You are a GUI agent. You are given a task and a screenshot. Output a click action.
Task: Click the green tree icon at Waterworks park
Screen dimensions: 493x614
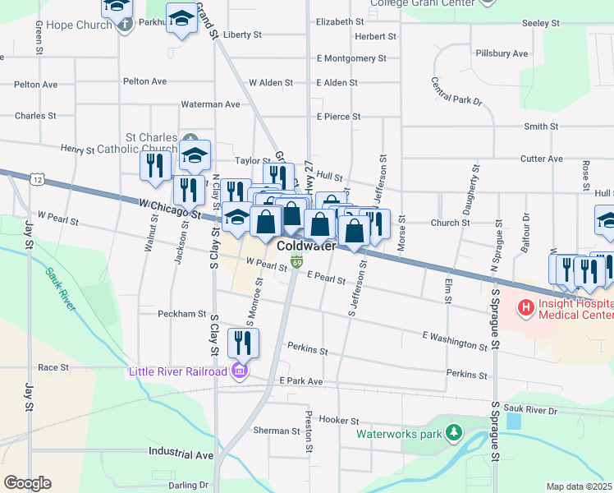tap(453, 432)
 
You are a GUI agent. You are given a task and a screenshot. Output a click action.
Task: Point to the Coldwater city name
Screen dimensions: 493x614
tap(306, 246)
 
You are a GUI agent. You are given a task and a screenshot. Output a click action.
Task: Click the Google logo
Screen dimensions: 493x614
tap(27, 482)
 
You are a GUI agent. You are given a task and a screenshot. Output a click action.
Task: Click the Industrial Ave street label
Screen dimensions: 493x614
tap(181, 454)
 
